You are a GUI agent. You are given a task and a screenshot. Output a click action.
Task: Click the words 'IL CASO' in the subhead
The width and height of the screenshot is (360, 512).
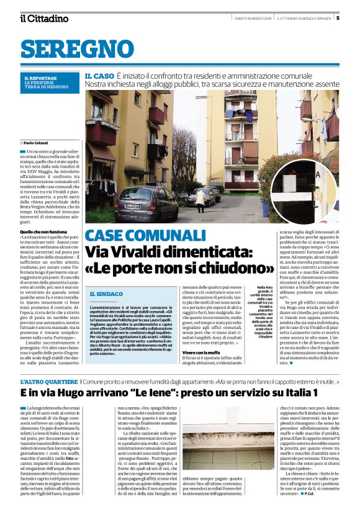coord(99,76)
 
